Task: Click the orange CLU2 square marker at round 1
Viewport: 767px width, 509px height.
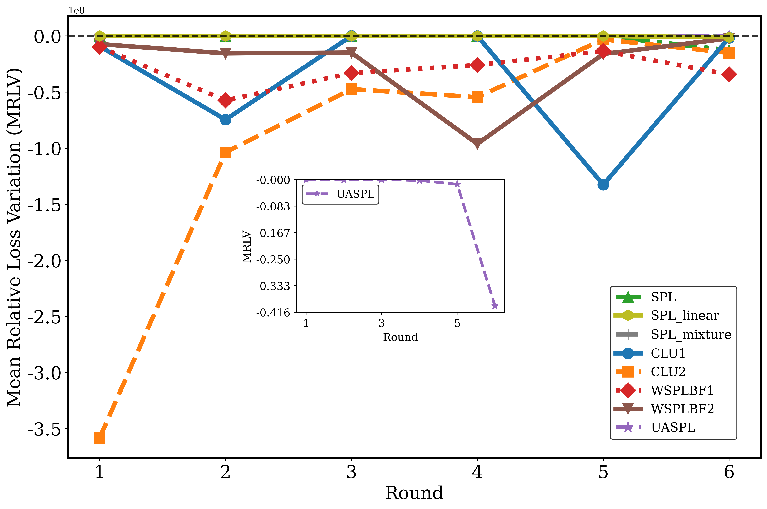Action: (x=99, y=438)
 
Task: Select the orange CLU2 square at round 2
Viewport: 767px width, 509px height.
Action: (x=226, y=152)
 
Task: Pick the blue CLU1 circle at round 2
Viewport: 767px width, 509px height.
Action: (x=226, y=120)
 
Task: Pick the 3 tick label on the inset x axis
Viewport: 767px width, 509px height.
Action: (x=382, y=323)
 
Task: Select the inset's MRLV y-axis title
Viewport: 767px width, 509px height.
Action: (x=247, y=246)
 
